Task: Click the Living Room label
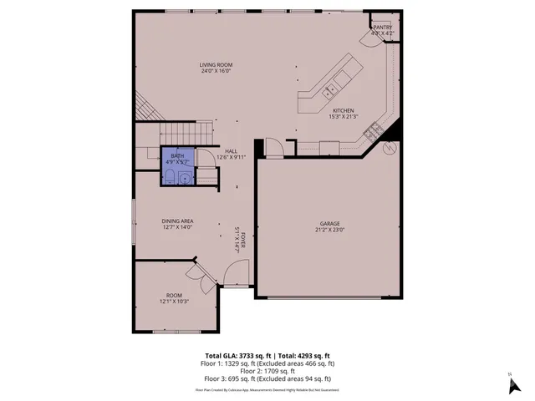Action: click(x=216, y=64)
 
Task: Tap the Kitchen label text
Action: click(x=344, y=110)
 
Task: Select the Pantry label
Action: click(x=383, y=28)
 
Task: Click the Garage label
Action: click(x=329, y=224)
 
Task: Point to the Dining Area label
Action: click(x=177, y=221)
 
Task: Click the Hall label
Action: click(x=230, y=150)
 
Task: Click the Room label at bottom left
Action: click(x=174, y=295)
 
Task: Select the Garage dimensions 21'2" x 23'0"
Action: click(x=329, y=230)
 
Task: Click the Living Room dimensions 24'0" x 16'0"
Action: click(x=216, y=71)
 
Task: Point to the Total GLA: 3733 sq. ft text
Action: click(x=237, y=356)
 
